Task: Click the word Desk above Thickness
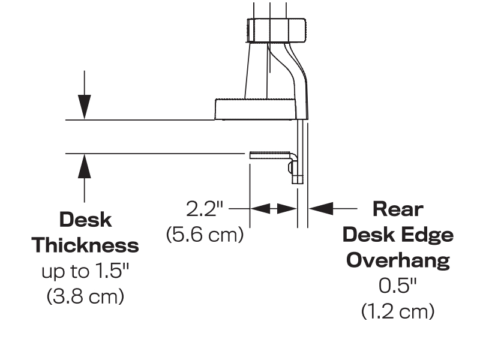coord(85,220)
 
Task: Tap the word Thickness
coord(85,245)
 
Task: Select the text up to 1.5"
coord(85,271)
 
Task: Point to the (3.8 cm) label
coord(85,296)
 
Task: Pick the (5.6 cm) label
coord(205,235)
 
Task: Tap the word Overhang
coord(398,260)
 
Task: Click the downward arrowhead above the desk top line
coord(85,108)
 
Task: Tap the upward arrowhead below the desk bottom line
coord(85,165)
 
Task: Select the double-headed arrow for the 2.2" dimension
coord(273,209)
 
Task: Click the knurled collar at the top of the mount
coord(277,30)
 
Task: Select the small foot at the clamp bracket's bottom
coord(297,178)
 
